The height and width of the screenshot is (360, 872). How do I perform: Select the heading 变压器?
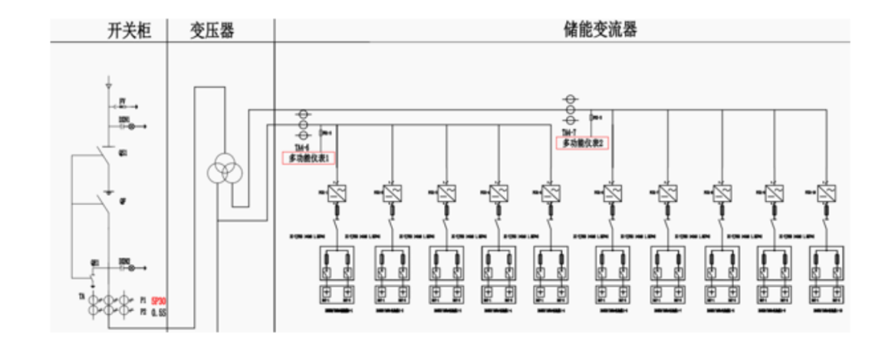point(220,31)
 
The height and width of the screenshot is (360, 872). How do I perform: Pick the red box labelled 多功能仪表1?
point(309,157)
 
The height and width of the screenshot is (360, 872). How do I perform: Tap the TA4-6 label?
point(301,148)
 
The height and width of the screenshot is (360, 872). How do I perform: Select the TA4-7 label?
point(570,132)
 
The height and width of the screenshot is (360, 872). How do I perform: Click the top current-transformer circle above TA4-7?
point(570,99)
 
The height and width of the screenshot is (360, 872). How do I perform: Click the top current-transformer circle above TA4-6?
point(301,115)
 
